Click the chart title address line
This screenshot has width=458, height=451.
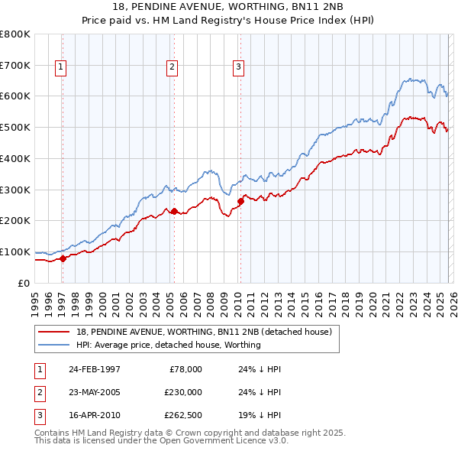[228, 7]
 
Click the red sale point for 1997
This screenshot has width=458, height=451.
[63, 258]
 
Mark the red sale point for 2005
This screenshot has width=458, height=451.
[174, 211]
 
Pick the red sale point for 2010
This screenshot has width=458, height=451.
[240, 201]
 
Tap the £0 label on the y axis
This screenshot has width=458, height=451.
[24, 283]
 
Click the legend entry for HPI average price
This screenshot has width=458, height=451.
[168, 345]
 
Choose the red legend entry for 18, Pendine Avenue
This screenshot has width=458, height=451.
[203, 333]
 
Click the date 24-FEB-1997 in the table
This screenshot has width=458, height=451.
[94, 369]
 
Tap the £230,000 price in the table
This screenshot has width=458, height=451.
[182, 392]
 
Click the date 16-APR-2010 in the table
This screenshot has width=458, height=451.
[94, 415]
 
